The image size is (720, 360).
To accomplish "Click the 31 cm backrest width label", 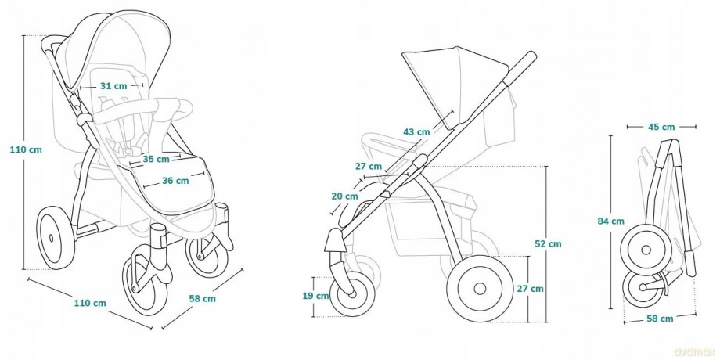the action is [113, 86].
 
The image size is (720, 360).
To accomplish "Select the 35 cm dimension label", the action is [156, 160].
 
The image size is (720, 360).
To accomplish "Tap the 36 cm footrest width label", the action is [175, 181].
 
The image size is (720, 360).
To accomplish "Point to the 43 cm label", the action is [416, 132].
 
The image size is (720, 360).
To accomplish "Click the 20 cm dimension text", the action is [345, 196].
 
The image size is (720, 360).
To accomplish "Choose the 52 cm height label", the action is [548, 244].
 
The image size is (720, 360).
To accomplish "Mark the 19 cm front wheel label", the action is [315, 296].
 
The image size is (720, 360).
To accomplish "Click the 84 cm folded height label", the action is [610, 221].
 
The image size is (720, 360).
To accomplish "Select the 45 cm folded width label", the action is [661, 128].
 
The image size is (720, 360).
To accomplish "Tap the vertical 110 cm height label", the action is [26, 149].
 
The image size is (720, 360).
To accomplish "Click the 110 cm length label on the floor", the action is [90, 303].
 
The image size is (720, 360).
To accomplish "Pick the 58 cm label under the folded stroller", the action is [660, 319].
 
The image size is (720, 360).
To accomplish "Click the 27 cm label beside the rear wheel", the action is [530, 289].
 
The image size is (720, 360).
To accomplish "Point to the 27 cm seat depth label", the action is [369, 166].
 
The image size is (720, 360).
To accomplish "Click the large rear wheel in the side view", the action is [480, 288].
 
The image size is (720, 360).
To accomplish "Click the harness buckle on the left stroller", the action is [129, 149].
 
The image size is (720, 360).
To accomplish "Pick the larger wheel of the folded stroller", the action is [646, 250].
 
